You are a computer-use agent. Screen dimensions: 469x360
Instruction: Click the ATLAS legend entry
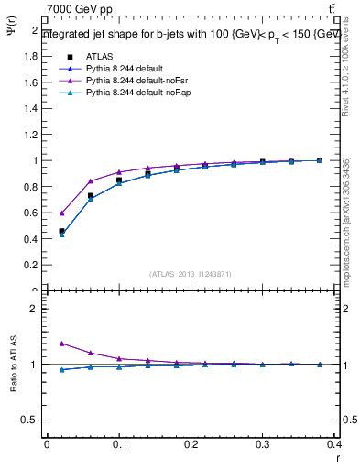pyautogui.click(x=98, y=56)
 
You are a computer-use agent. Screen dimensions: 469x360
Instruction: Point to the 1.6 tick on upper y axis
pyautogui.click(x=31, y=82)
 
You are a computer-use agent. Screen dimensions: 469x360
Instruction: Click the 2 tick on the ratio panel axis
pyautogui.click(x=35, y=309)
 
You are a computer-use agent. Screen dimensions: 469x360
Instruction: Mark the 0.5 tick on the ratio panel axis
pyautogui.click(x=31, y=420)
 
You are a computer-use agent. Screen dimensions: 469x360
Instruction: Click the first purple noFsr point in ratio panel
pyautogui.click(x=61, y=344)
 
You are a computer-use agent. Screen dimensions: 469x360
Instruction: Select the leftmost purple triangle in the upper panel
pyautogui.click(x=61, y=213)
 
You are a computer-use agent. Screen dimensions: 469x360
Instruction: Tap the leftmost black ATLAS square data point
pyautogui.click(x=61, y=231)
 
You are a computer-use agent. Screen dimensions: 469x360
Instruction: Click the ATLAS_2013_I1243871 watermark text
pyautogui.click(x=189, y=274)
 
